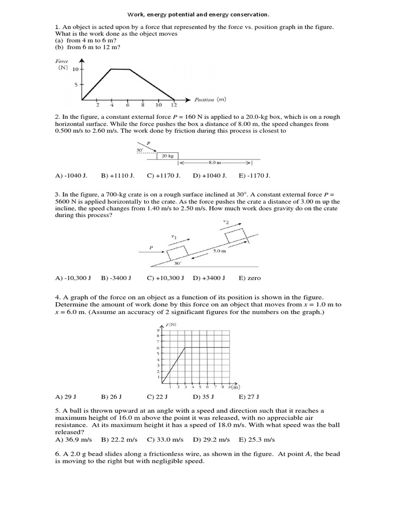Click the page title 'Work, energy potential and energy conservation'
point(198,15)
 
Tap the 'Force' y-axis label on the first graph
point(62,61)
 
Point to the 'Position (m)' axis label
point(210,99)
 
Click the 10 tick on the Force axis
point(75,69)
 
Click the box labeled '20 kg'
point(167,155)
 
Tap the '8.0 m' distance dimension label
point(214,162)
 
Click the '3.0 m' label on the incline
point(219,251)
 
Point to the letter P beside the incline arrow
point(151,248)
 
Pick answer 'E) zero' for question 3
point(250,278)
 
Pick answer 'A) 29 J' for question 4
point(65,397)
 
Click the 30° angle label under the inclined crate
point(177,262)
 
